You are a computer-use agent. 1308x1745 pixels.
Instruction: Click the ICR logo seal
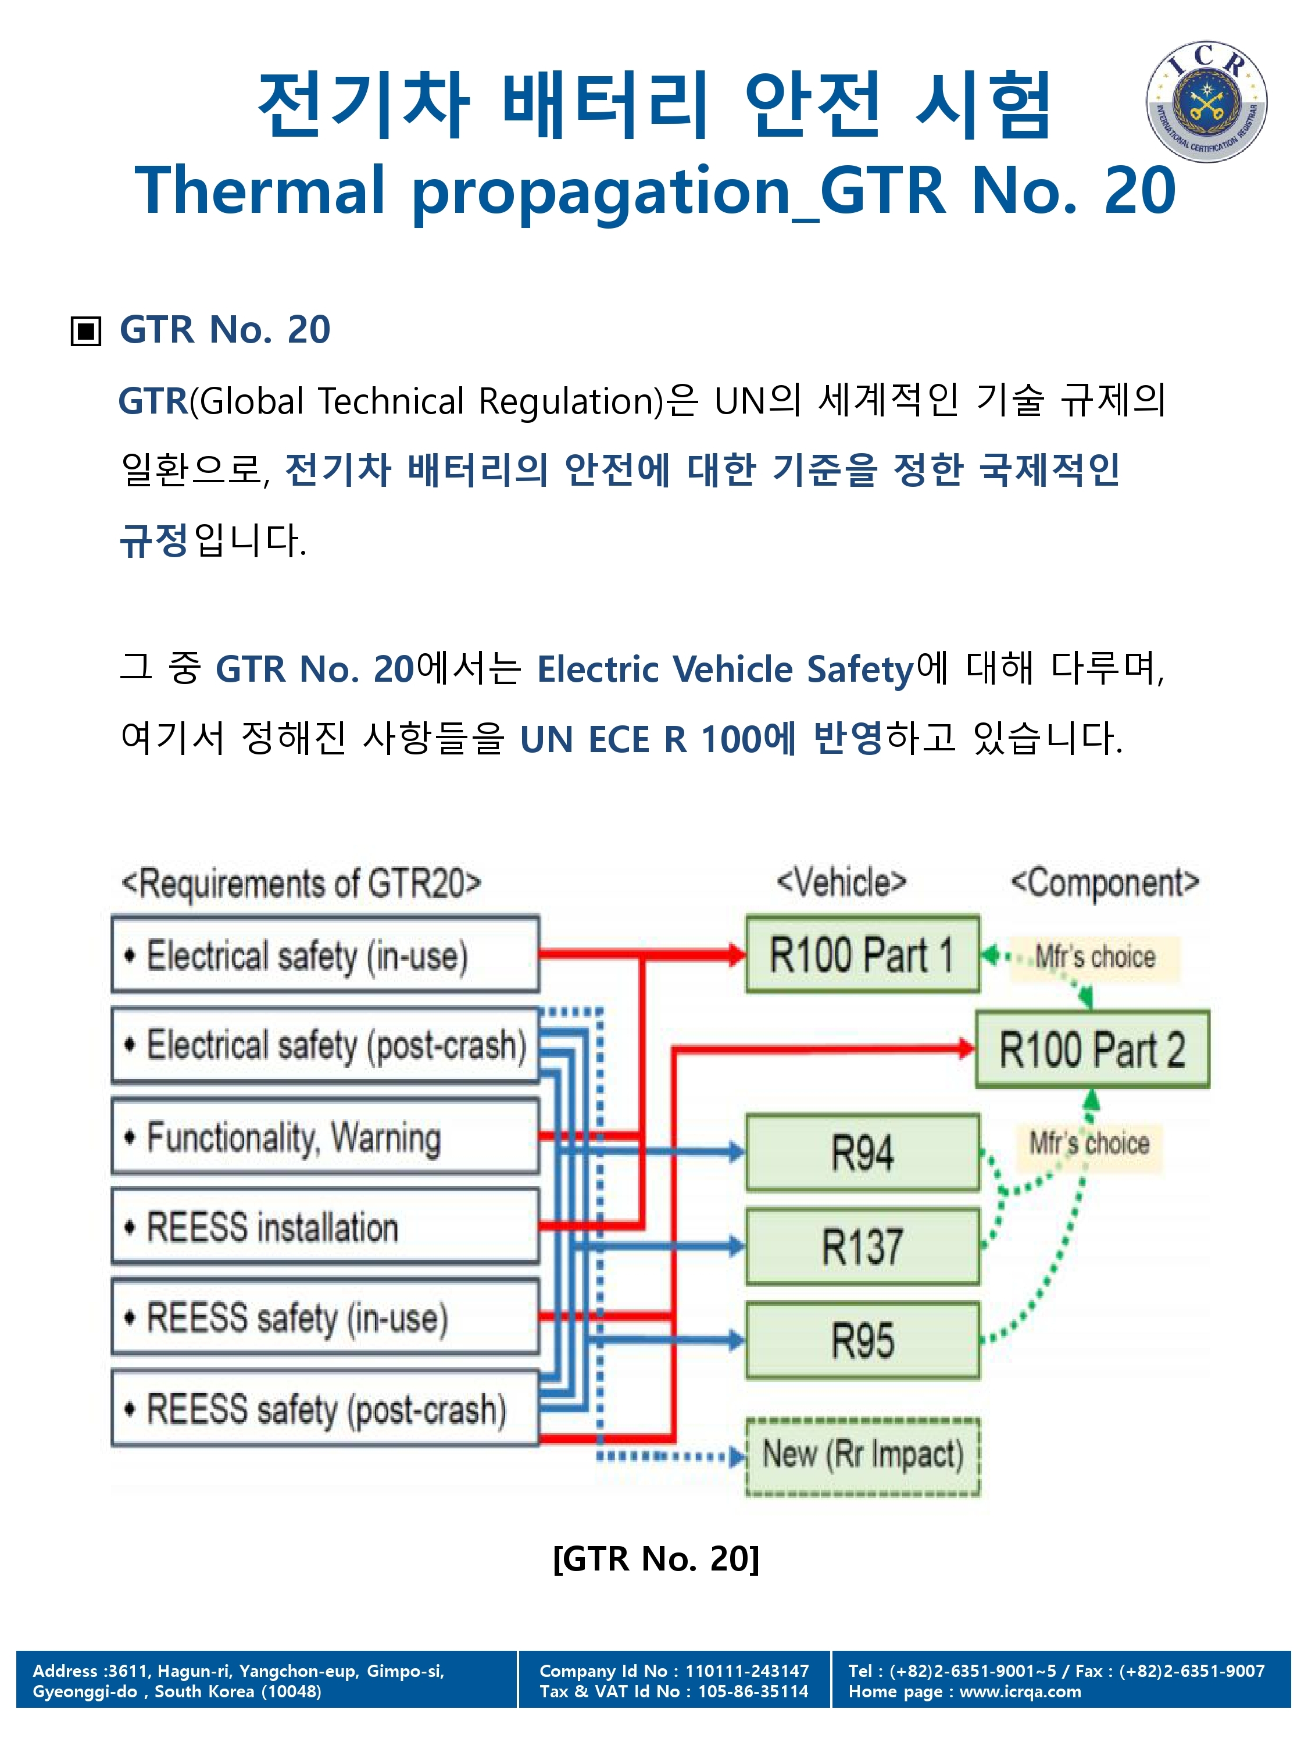pyautogui.click(x=1206, y=102)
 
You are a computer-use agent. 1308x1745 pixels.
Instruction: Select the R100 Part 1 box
pyautogui.click(x=863, y=954)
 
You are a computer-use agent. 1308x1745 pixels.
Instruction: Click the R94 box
pyautogui.click(x=863, y=1152)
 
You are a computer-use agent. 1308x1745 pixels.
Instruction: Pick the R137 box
pyautogui.click(x=863, y=1247)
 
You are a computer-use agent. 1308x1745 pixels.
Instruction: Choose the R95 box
pyautogui.click(x=863, y=1340)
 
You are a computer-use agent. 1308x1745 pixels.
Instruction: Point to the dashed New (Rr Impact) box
pyautogui.click(x=863, y=1456)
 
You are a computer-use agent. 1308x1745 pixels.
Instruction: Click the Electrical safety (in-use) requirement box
pyautogui.click(x=326, y=955)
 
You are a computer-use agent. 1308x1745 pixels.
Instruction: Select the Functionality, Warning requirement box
pyautogui.click(x=326, y=1137)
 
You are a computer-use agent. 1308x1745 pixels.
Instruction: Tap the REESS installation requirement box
pyautogui.click(x=326, y=1227)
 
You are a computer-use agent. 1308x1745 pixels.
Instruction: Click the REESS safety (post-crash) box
pyautogui.click(x=326, y=1408)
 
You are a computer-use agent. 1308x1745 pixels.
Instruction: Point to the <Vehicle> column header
pyautogui.click(x=841, y=882)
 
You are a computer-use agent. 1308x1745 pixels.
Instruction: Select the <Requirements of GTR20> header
pyautogui.click(x=301, y=884)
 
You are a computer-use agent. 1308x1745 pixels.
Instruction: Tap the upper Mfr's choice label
pyautogui.click(x=1094, y=957)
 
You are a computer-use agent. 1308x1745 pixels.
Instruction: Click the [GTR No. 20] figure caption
pyautogui.click(x=656, y=1558)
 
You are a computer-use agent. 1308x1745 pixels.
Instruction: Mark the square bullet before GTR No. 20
pyautogui.click(x=86, y=330)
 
